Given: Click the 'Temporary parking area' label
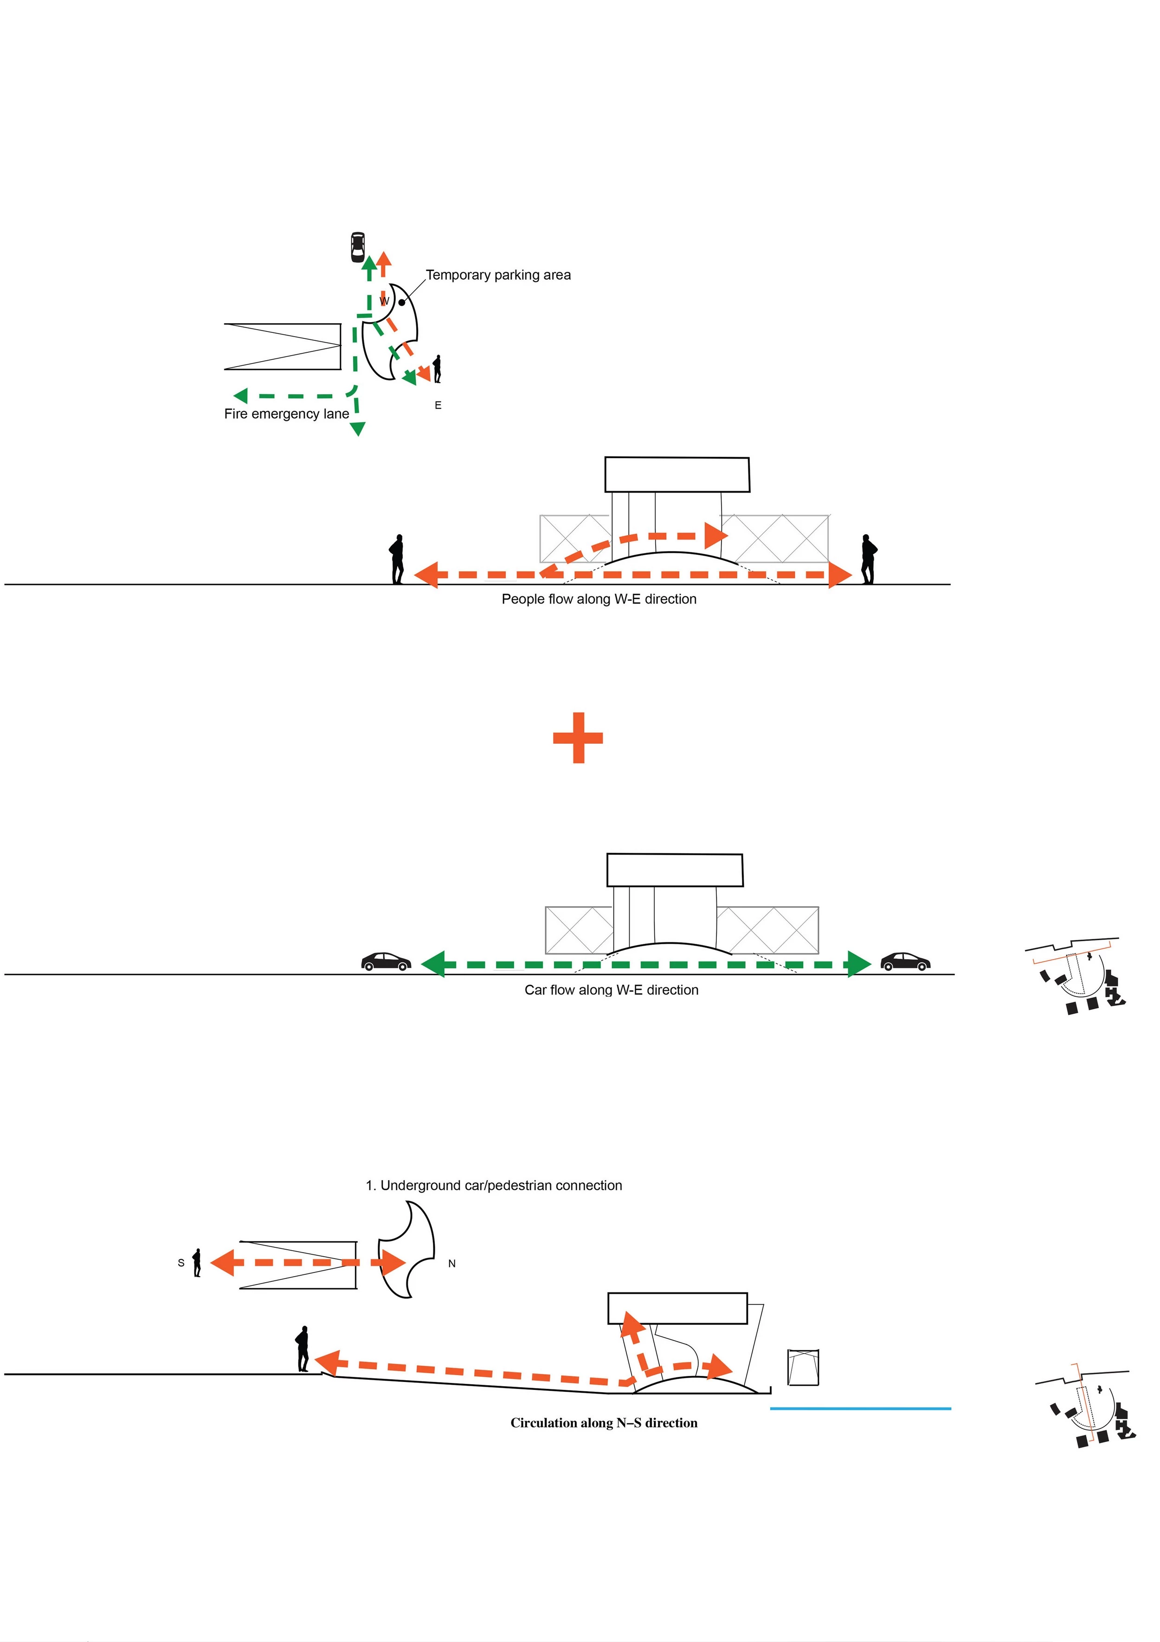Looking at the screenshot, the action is (x=498, y=275).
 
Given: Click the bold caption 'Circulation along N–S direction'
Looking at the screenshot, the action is (x=604, y=1423).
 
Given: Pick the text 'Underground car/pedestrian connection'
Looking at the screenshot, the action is (x=501, y=1185).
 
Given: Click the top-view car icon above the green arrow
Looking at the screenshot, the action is (x=357, y=247).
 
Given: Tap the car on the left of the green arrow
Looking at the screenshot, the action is (x=386, y=961).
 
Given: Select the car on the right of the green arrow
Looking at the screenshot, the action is (x=905, y=961).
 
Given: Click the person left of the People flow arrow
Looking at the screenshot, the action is (x=397, y=559).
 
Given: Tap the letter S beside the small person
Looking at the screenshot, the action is (x=181, y=1263).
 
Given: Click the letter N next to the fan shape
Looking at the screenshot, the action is (x=452, y=1264).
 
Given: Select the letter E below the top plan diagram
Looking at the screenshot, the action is (x=438, y=405).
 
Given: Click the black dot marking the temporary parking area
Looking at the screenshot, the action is (x=402, y=303).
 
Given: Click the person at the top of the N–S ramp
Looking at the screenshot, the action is (x=303, y=1349).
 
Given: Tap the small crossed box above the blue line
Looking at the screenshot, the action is (x=803, y=1367).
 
